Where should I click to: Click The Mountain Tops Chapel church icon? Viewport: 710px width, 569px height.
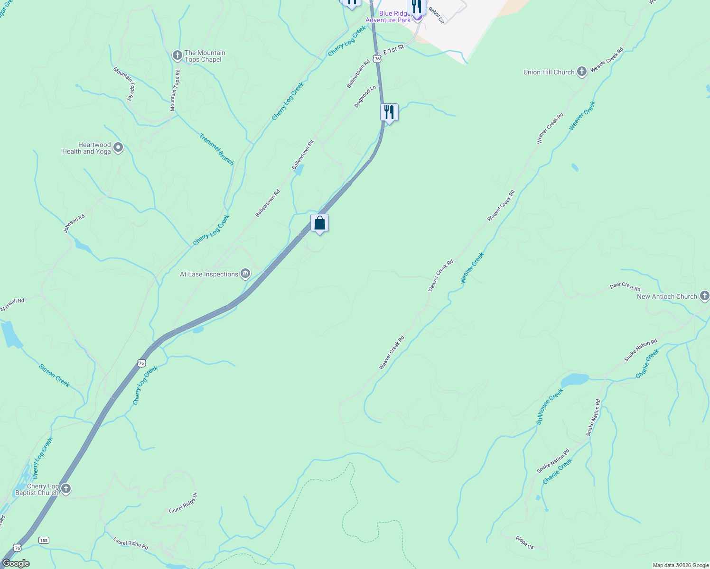tap(177, 56)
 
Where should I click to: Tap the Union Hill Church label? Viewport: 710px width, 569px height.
tap(549, 72)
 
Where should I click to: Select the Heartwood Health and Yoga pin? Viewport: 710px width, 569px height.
tap(118, 148)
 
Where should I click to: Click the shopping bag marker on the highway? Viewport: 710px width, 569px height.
tap(319, 223)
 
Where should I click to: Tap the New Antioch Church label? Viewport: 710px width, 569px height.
tap(667, 296)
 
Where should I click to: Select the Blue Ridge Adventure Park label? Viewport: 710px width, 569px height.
tap(388, 17)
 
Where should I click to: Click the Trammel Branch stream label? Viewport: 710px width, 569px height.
tap(216, 149)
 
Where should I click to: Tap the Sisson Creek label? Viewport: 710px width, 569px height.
tap(54, 376)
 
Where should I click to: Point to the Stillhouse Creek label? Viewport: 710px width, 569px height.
tap(550, 406)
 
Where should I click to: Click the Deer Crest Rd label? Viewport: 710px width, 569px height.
tap(625, 286)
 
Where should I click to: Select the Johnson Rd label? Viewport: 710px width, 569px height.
tap(74, 223)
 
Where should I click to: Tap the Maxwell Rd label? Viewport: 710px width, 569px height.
tap(12, 305)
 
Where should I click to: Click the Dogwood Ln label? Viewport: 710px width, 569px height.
tap(365, 96)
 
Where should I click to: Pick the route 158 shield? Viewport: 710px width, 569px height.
tap(44, 540)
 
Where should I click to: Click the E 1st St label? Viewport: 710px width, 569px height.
tap(393, 49)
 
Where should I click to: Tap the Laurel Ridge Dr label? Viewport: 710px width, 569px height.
tap(183, 503)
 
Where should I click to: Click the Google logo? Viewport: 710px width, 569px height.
tap(16, 563)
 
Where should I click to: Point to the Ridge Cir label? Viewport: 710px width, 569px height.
tap(524, 543)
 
